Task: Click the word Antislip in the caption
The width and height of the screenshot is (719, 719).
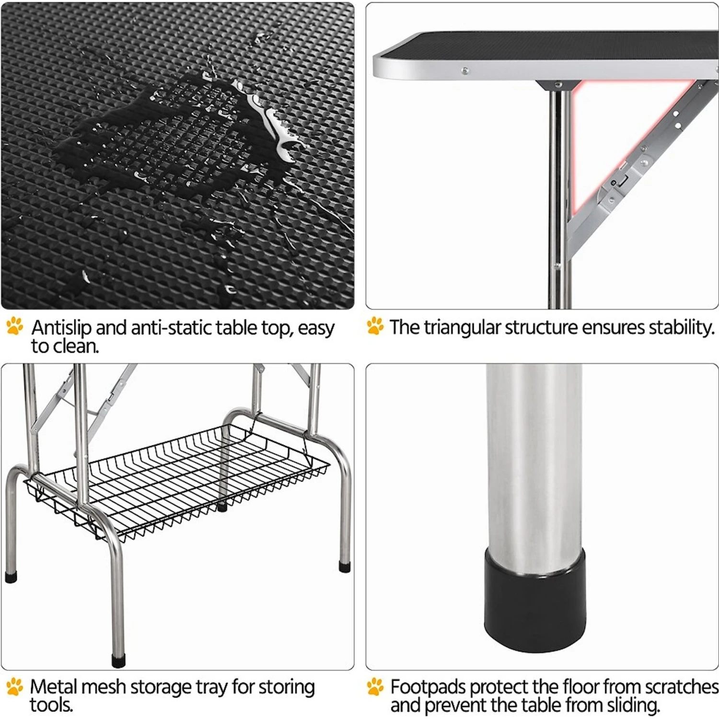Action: pyautogui.click(x=61, y=328)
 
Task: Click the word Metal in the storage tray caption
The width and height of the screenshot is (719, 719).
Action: pyautogui.click(x=53, y=686)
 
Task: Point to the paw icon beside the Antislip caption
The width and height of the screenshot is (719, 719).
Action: pyautogui.click(x=15, y=326)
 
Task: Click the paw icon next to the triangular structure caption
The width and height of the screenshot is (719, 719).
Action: pyautogui.click(x=375, y=326)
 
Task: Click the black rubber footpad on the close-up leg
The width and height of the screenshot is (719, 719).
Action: pyautogui.click(x=534, y=599)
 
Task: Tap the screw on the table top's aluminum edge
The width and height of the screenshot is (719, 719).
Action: pyautogui.click(x=464, y=71)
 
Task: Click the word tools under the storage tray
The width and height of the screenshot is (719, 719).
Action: pyautogui.click(x=51, y=705)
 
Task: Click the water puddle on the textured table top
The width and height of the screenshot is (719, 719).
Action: pyautogui.click(x=168, y=134)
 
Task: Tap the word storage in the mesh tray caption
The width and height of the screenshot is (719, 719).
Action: pyautogui.click(x=161, y=686)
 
